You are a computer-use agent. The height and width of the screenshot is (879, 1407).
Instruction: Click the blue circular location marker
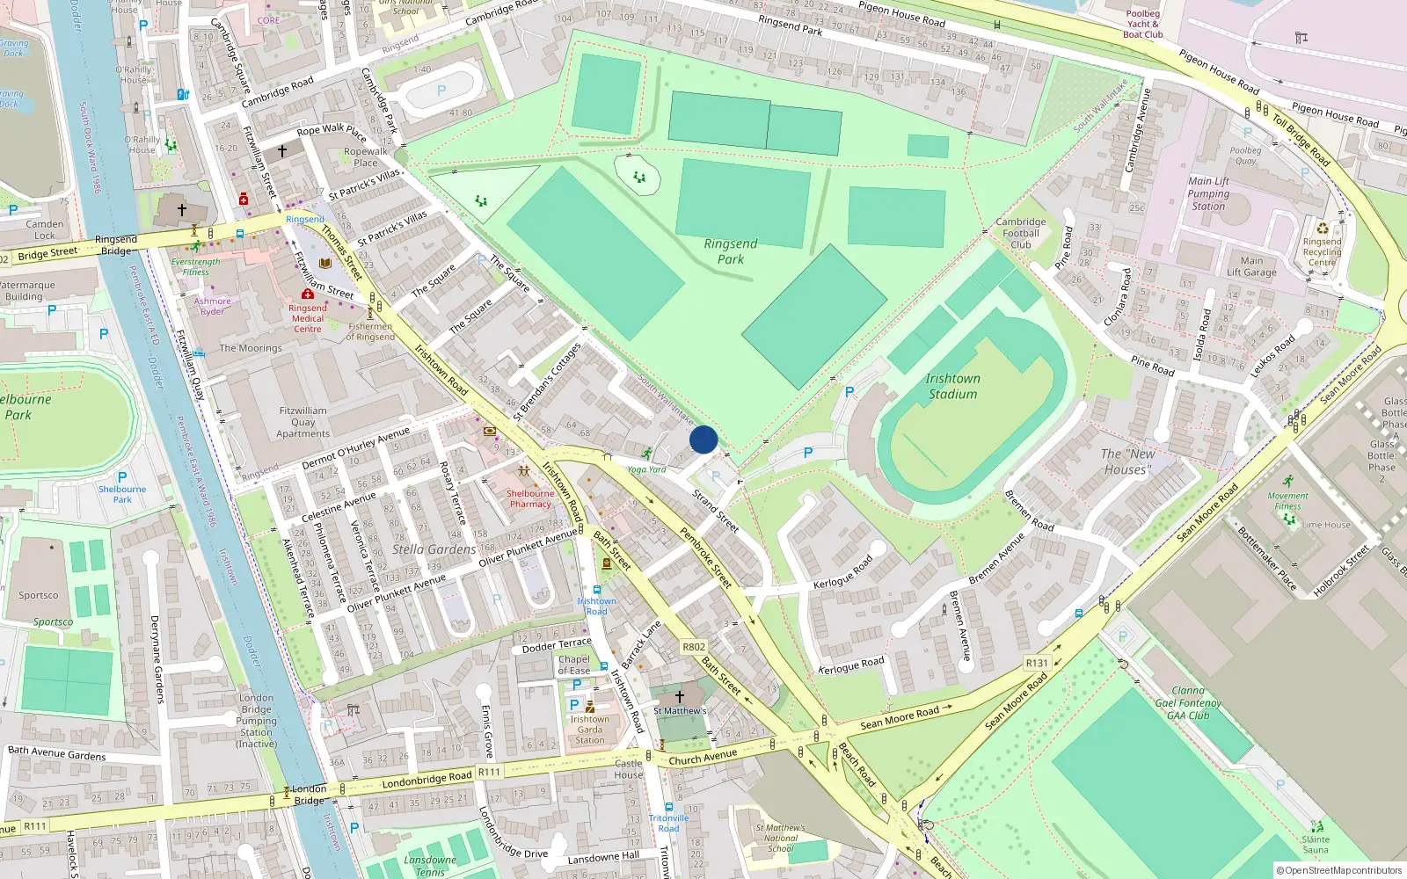point(703,439)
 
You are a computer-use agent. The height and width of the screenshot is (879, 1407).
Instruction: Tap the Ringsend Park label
point(731,251)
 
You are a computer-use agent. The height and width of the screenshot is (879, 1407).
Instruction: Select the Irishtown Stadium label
point(952,386)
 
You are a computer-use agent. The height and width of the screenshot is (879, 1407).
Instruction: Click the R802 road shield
point(694,647)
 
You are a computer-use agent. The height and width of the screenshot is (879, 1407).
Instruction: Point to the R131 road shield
point(1037,663)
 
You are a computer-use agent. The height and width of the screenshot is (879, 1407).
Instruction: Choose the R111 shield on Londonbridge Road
point(489,772)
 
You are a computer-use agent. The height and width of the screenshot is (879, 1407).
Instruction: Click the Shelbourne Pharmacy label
point(530,498)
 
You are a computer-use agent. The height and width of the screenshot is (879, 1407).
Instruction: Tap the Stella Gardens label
point(434,549)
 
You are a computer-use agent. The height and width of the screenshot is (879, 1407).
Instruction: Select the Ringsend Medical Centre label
point(308,318)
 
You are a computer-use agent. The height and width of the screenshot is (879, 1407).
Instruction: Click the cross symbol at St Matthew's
point(679,696)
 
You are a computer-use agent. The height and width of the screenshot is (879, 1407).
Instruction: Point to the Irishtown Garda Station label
point(589,730)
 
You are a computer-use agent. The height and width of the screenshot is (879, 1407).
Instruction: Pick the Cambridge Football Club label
point(1021,233)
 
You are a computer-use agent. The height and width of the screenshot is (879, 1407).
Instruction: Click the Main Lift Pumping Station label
point(1209,193)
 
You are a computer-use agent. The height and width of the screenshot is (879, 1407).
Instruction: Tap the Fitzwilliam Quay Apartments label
point(303,422)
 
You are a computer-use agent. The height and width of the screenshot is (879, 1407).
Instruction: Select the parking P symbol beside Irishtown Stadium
point(849,392)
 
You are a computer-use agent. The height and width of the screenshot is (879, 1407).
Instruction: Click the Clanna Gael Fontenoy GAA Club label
point(1188,702)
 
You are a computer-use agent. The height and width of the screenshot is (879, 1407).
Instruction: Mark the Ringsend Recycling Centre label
point(1322,251)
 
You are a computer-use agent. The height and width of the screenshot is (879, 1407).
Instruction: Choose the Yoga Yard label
point(646,469)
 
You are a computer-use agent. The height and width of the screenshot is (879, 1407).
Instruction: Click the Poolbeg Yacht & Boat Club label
point(1143,24)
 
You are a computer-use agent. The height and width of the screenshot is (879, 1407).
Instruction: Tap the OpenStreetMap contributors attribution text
point(1340,870)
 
